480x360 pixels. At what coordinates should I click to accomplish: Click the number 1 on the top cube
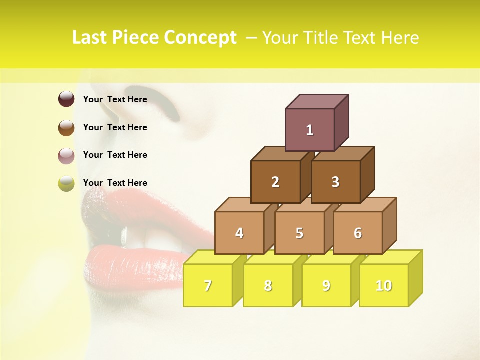(310, 130)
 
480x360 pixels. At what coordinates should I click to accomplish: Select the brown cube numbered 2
(275, 182)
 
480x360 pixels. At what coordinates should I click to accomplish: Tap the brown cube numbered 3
(335, 182)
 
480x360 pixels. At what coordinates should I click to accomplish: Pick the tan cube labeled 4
(239, 233)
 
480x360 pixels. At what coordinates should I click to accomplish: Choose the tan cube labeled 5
(299, 233)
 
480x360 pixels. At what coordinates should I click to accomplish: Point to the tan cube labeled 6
(358, 233)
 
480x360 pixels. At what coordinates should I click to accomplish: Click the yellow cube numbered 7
(208, 285)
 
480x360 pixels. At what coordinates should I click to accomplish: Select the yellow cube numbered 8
(268, 285)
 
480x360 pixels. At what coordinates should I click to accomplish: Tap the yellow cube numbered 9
(326, 285)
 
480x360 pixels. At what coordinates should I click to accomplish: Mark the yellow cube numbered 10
(384, 285)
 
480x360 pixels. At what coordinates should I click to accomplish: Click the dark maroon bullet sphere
(66, 99)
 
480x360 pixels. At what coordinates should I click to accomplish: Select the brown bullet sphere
(66, 127)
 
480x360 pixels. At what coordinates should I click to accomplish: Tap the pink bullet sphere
(66, 155)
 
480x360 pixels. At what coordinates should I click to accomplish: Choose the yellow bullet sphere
(66, 183)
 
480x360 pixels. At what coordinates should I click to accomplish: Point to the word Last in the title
(91, 38)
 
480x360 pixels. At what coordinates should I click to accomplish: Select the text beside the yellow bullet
(115, 183)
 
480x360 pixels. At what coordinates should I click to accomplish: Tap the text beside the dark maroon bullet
(115, 99)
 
